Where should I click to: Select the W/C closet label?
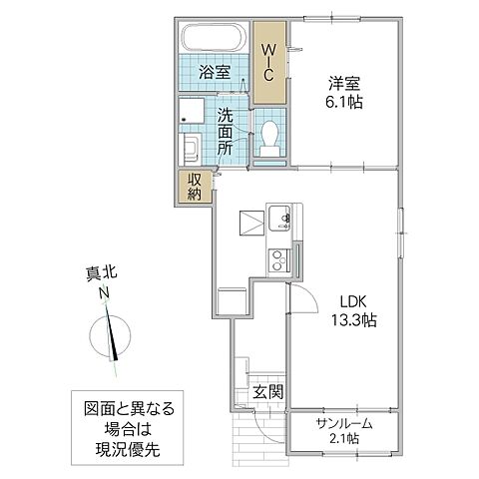(x=268, y=61)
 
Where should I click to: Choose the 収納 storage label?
(x=194, y=186)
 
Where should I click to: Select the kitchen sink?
(x=278, y=218)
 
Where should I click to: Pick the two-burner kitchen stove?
(x=276, y=259)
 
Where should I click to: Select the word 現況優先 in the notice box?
(x=130, y=451)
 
